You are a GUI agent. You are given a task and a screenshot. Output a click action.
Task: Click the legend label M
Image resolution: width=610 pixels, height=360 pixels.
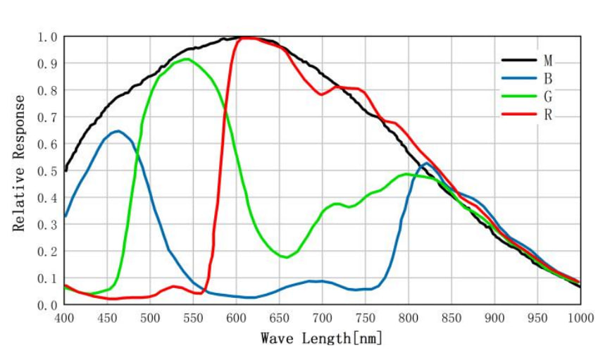[548, 61]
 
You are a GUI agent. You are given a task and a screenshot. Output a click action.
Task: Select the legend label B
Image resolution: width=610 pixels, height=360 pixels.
[548, 78]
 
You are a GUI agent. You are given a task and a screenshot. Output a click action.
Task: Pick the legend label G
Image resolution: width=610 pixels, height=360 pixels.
[548, 96]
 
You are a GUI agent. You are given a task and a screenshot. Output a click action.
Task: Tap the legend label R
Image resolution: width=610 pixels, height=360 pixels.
[548, 114]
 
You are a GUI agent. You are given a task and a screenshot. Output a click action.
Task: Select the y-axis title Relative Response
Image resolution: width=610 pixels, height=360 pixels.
[19, 163]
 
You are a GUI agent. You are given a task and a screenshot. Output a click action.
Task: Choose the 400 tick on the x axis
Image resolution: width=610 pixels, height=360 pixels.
[64, 318]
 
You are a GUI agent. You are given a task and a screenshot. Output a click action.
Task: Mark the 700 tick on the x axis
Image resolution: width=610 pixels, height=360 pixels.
[322, 318]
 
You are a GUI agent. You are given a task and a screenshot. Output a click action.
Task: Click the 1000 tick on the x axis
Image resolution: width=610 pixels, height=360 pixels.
[580, 318]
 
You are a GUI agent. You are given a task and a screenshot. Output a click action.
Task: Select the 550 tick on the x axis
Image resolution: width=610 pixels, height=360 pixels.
[193, 318]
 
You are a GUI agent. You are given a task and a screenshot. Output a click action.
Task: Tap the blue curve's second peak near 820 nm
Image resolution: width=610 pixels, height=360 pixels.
[426, 163]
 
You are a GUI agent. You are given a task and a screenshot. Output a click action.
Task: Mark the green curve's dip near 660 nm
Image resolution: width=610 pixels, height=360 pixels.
[286, 257]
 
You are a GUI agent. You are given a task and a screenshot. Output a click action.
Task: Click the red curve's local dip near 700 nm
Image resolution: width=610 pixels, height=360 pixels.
[321, 94]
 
